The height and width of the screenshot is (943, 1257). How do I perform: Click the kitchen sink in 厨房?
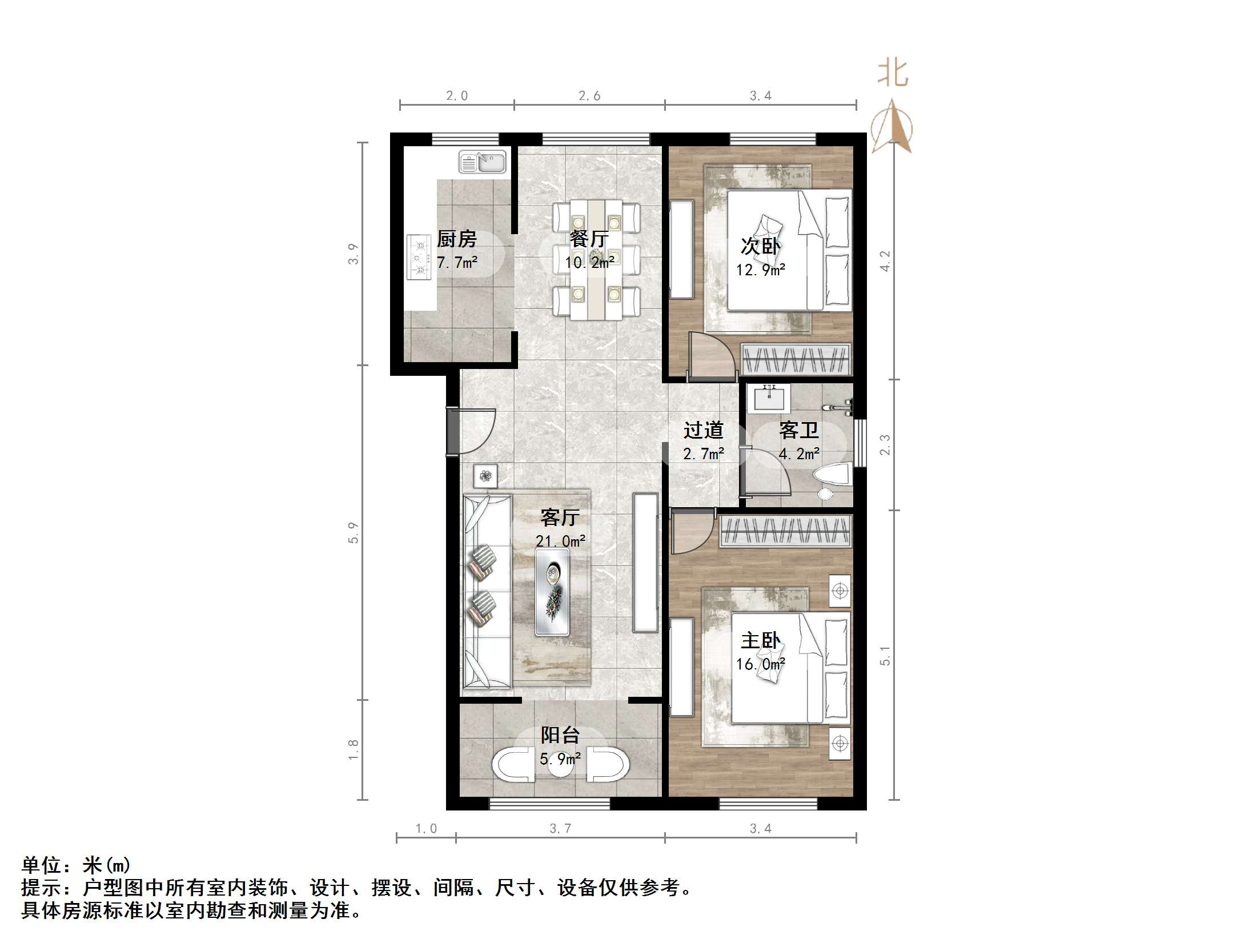pyautogui.click(x=483, y=162)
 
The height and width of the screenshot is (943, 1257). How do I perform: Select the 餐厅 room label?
pyautogui.click(x=589, y=239)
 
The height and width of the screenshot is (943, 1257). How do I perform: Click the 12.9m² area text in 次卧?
pyautogui.click(x=760, y=270)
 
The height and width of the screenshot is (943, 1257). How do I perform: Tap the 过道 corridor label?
pyautogui.click(x=703, y=430)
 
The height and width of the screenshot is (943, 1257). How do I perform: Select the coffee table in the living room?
pyautogui.click(x=552, y=592)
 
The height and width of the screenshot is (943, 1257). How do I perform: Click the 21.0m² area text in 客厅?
pyautogui.click(x=560, y=541)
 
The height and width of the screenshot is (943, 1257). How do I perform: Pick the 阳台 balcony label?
pyautogui.click(x=560, y=735)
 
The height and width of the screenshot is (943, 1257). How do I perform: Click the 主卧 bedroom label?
pyautogui.click(x=760, y=640)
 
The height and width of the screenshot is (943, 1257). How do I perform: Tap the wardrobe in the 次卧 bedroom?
pyautogui.click(x=796, y=359)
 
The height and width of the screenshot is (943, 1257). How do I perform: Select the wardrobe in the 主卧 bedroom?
pyautogui.click(x=785, y=531)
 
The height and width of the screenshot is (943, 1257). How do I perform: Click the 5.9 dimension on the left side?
pyautogui.click(x=354, y=532)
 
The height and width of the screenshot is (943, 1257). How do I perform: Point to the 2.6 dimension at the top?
pyautogui.click(x=589, y=96)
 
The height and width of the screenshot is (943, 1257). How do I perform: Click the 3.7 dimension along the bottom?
pyautogui.click(x=560, y=829)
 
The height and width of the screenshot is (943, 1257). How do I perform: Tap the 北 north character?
pyautogui.click(x=893, y=74)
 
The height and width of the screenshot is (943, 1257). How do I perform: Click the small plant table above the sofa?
pyautogui.click(x=485, y=475)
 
